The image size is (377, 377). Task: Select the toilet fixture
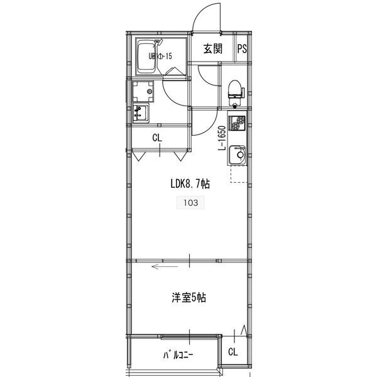click(x=235, y=90)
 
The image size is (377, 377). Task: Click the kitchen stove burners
click(x=238, y=124)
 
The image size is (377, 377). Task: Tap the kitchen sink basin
click(x=238, y=153)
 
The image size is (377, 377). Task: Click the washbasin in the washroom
click(x=139, y=114)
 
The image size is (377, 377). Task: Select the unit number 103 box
click(x=189, y=202)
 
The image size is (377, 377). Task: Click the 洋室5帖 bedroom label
click(x=188, y=298)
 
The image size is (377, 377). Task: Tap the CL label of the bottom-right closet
click(x=232, y=352)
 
